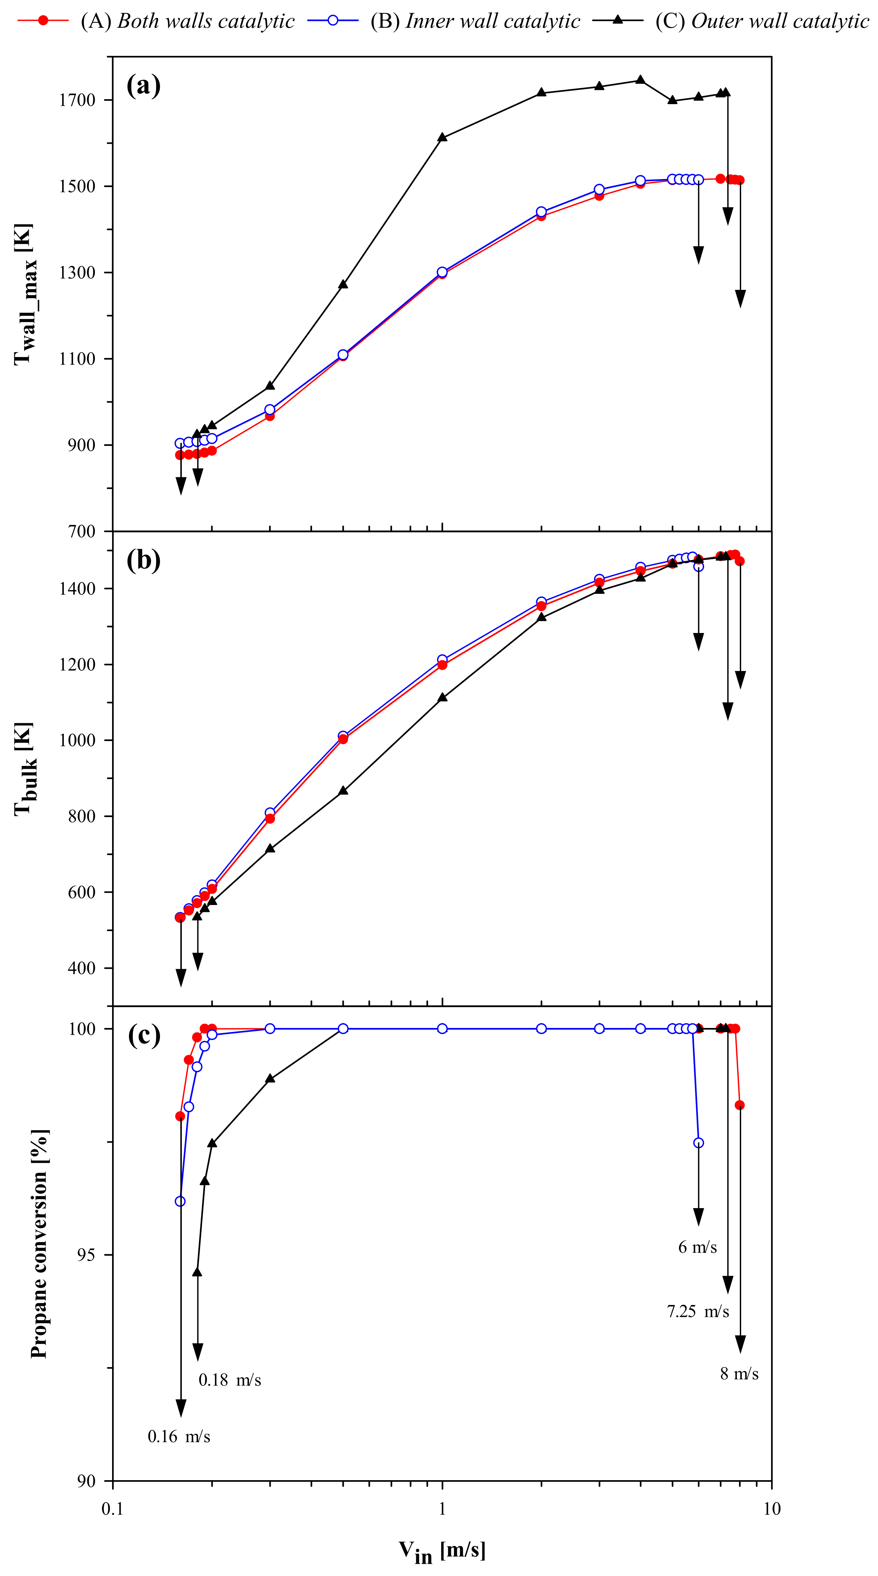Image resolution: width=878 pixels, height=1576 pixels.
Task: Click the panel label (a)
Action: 143,86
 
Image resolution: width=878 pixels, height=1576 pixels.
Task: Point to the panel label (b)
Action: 143,560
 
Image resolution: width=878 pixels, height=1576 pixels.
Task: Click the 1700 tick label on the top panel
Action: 78,100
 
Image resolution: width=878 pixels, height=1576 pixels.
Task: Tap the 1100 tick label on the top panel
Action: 78,359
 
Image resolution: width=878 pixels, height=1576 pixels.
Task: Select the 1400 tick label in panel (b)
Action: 78,589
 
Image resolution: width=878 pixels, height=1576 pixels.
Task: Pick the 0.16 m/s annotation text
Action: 179,1436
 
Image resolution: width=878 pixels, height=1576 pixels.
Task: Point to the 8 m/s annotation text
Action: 739,1373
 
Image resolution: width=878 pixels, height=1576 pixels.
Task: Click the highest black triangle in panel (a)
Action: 640,80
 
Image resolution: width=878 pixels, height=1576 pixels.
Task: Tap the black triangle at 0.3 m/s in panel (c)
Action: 270,1078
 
